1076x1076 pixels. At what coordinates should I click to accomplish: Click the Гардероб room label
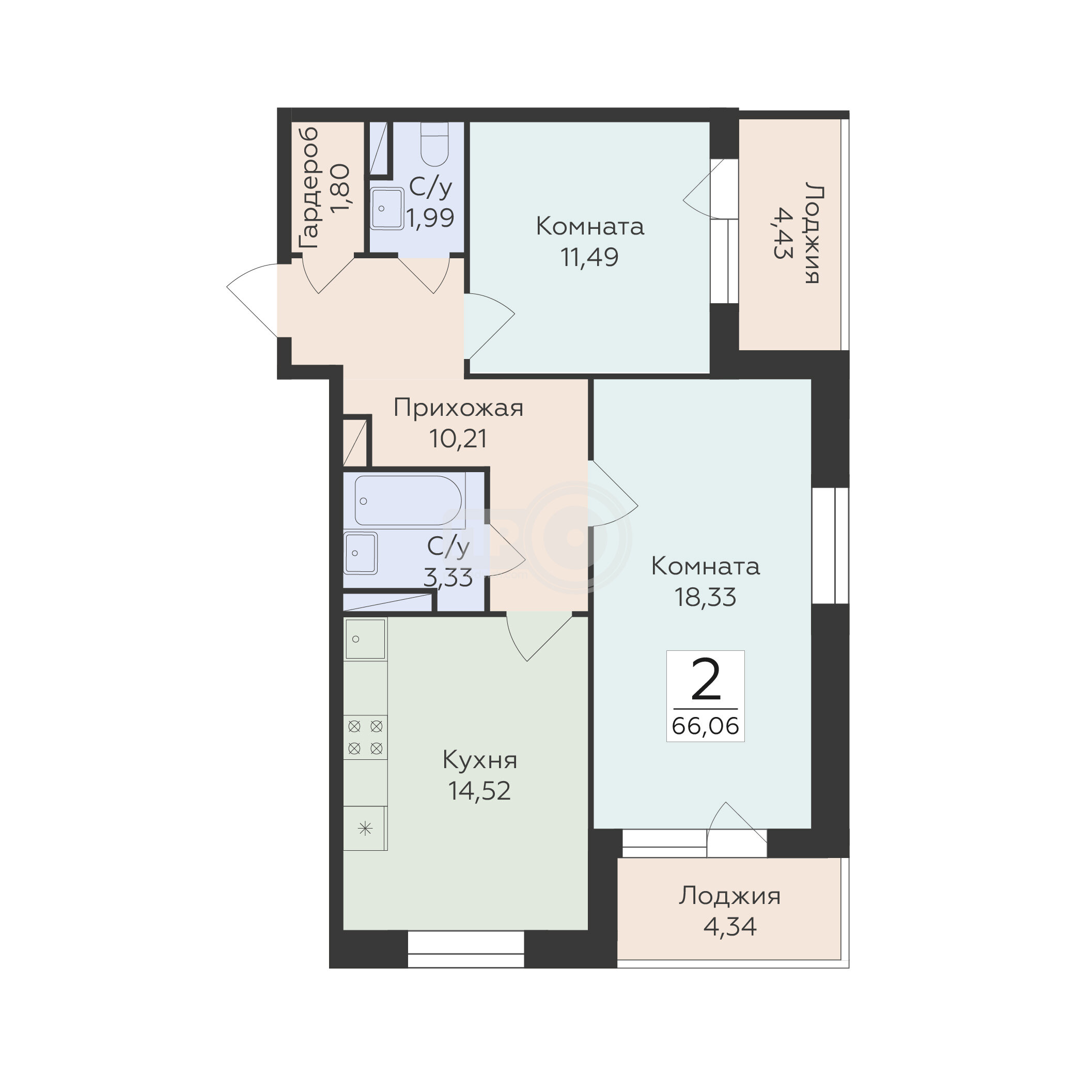click(x=308, y=188)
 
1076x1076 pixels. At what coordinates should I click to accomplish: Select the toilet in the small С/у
click(x=434, y=144)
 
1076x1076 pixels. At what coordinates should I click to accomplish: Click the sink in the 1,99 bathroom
click(x=387, y=208)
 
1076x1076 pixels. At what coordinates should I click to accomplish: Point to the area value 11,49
click(x=589, y=257)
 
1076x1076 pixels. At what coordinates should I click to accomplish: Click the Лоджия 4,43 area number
click(x=783, y=233)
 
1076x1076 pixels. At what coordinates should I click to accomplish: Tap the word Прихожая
click(x=458, y=408)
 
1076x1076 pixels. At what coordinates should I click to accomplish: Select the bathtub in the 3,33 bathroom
click(x=408, y=500)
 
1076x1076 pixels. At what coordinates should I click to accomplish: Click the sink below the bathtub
click(x=361, y=553)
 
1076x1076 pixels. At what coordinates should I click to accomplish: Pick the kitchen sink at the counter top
click(x=365, y=639)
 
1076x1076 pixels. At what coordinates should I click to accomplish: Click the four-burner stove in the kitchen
click(x=365, y=737)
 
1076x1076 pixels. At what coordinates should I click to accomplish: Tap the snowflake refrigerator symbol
click(x=365, y=829)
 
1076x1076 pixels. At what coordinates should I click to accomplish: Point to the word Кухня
click(x=479, y=760)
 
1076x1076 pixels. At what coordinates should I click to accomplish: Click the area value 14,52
click(x=479, y=791)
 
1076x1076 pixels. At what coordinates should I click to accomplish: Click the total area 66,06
click(x=705, y=726)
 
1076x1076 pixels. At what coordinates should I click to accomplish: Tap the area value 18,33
click(x=705, y=597)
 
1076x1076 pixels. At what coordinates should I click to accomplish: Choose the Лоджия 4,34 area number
click(x=729, y=927)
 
